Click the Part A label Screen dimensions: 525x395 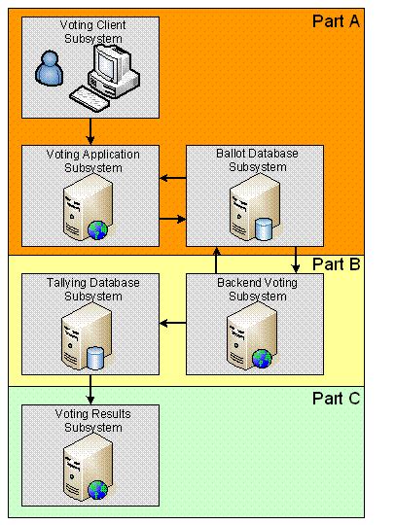point(337,21)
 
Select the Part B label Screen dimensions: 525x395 point(337,264)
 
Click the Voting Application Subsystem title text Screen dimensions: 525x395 point(91,159)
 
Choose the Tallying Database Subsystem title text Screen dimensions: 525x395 point(91,289)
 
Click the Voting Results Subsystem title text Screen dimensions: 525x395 point(91,419)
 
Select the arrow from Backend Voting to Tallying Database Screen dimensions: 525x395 point(173,323)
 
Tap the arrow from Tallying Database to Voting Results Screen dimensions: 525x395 point(90,391)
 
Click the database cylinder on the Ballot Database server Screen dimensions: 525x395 point(262,229)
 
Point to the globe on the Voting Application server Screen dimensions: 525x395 point(97,229)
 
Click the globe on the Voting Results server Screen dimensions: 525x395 point(97,489)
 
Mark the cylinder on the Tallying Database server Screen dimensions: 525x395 point(95,359)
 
